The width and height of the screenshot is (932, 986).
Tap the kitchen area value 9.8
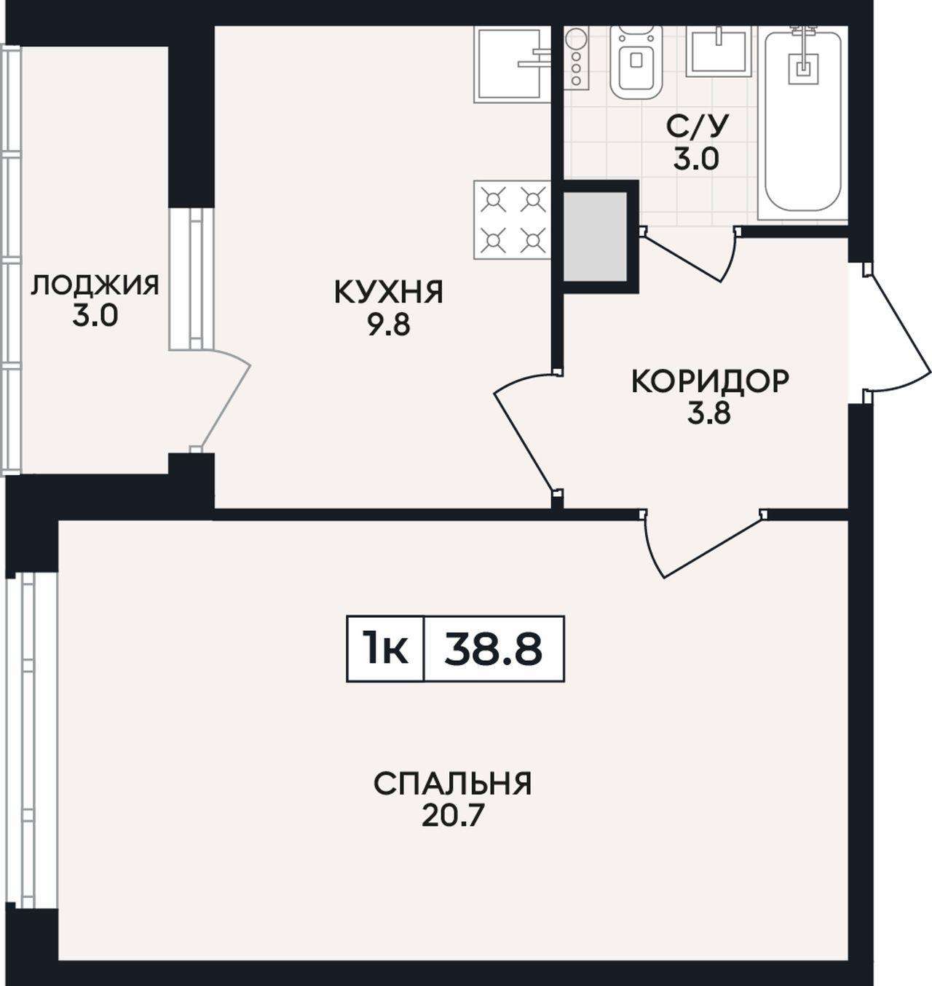[389, 326]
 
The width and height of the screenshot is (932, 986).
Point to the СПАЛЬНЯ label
[453, 784]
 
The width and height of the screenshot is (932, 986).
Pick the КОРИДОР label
[710, 381]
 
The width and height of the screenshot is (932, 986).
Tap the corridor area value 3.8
[709, 414]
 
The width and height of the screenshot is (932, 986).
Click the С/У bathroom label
[697, 127]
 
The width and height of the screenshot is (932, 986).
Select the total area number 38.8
[493, 649]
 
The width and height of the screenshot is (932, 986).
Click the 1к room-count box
[385, 649]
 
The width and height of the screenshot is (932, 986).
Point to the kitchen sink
[512, 64]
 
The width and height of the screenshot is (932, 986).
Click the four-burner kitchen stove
[512, 220]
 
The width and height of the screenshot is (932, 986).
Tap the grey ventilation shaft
[595, 236]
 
